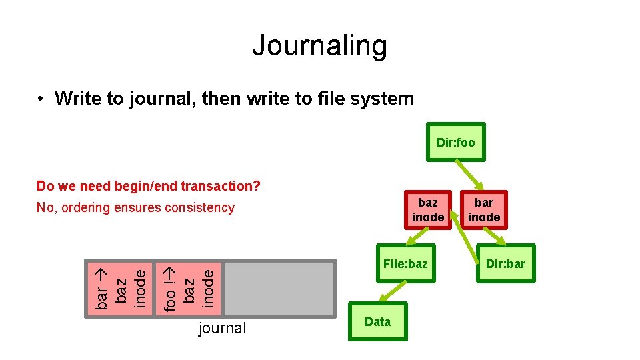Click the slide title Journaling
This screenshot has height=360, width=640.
[x=319, y=45]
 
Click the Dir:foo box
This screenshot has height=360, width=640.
[x=456, y=142]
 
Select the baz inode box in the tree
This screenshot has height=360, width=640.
[x=427, y=209]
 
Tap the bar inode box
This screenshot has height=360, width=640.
[x=484, y=209]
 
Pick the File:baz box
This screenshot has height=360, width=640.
[x=405, y=264]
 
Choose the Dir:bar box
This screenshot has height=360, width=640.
[x=505, y=264]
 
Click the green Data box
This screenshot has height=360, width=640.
[x=377, y=322]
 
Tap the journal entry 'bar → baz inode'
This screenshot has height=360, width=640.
[x=119, y=287]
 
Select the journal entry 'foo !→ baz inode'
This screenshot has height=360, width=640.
[x=189, y=287]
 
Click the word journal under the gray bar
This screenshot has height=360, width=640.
[x=223, y=328]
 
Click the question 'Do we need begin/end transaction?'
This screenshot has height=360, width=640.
[x=148, y=186]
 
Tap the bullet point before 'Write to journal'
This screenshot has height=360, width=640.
[x=41, y=99]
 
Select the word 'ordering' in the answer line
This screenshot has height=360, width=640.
[x=85, y=207]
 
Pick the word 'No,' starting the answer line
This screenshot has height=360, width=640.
[x=45, y=207]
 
